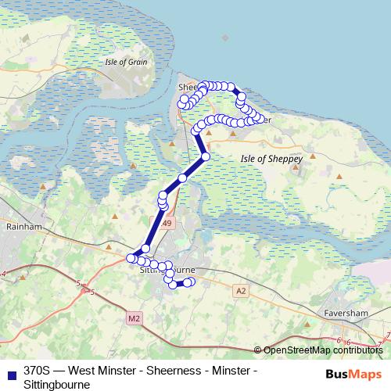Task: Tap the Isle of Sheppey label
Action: pyautogui.click(x=264, y=157)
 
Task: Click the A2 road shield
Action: pyautogui.click(x=240, y=290)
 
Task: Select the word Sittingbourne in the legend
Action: pyautogui.click(x=57, y=384)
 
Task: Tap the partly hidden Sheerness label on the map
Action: pyautogui.click(x=188, y=87)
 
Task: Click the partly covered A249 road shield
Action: pyautogui.click(x=166, y=224)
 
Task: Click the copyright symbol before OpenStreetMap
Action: pyautogui.click(x=259, y=350)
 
